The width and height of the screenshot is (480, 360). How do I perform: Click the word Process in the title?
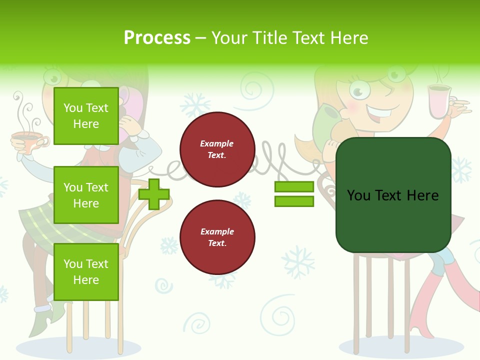pos(157,38)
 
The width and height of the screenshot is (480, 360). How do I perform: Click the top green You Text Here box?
pos(86,116)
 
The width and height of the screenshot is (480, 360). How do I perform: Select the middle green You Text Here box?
pos(86,195)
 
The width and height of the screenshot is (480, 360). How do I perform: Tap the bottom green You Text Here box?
pos(86,272)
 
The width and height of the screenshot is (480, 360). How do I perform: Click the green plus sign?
pos(154,194)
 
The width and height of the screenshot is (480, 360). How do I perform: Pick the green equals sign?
pos(294,194)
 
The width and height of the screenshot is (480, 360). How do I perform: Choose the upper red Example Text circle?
pos(217,149)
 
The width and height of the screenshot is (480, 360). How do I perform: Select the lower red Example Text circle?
pos(217,237)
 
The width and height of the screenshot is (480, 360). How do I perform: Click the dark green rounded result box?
pos(393,195)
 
